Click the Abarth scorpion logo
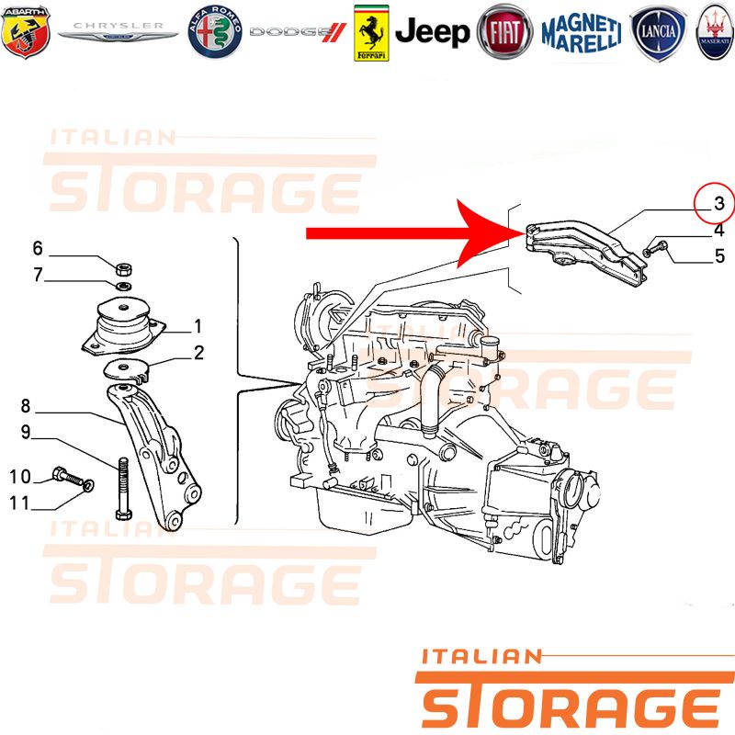click(26, 32)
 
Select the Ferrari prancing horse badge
click(371, 33)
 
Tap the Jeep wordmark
click(432, 32)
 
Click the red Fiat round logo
click(504, 32)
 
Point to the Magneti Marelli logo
click(582, 32)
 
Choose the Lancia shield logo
click(658, 32)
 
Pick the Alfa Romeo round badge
click(215, 32)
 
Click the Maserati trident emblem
click(716, 32)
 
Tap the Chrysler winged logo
click(118, 32)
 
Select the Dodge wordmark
click(297, 32)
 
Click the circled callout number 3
click(715, 203)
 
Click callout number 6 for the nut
click(38, 248)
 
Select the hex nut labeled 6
click(124, 269)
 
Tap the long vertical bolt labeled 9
click(123, 489)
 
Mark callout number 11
click(19, 503)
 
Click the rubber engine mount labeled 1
click(123, 326)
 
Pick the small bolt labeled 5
click(655, 248)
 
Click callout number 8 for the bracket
click(26, 405)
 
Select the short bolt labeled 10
click(68, 477)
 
